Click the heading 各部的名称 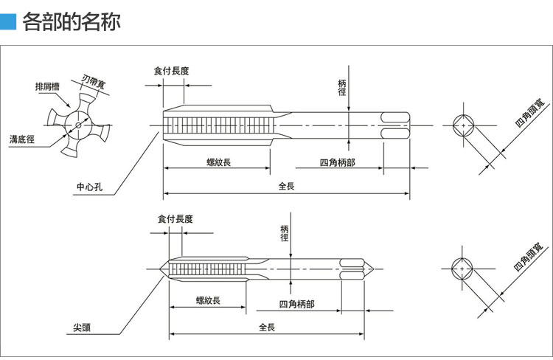click(x=71, y=21)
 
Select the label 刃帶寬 click(x=92, y=80)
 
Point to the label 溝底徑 click(x=21, y=138)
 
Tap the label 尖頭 click(x=81, y=327)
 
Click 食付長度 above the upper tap click(x=171, y=71)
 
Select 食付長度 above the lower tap click(x=175, y=219)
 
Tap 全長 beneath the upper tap click(x=287, y=186)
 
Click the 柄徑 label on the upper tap click(x=341, y=86)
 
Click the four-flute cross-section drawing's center click(x=77, y=126)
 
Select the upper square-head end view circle click(x=463, y=126)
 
